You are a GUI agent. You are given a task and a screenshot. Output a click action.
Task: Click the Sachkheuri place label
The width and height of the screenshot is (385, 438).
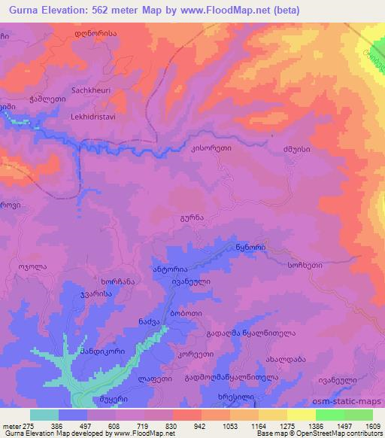pos(91,90)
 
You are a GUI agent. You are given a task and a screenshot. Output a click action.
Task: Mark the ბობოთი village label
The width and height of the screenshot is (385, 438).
pos(184,312)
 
